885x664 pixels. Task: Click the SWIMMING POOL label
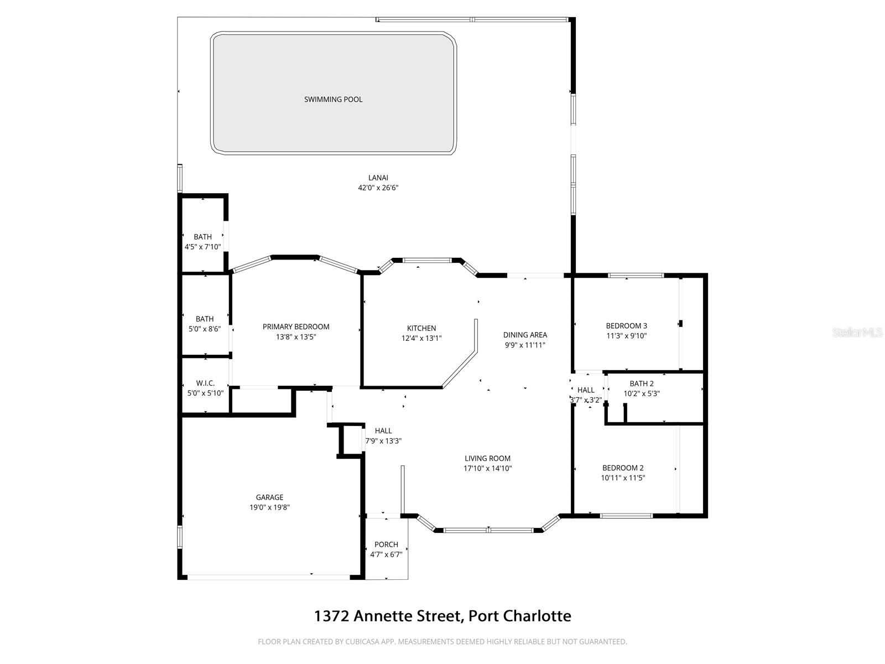coord(333,100)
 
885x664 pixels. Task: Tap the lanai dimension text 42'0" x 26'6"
coord(378,188)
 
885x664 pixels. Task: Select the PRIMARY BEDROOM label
coord(296,327)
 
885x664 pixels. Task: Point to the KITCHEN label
coord(421,328)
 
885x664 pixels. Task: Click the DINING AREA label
coord(525,335)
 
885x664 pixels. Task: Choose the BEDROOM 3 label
coord(626,326)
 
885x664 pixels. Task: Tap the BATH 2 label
coord(642,383)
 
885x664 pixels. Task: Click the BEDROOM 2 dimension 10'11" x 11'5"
coord(623,478)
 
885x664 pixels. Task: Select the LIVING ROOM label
coord(487,458)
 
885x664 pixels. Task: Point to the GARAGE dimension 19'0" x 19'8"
coord(269,507)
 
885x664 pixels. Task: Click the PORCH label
coord(386,544)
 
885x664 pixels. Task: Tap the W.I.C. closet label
coord(205,383)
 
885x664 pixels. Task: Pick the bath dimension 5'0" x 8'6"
coord(205,329)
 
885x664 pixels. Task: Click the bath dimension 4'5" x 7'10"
coord(202,247)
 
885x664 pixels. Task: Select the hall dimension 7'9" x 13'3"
coord(383,441)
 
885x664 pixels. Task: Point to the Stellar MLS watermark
coord(857,333)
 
